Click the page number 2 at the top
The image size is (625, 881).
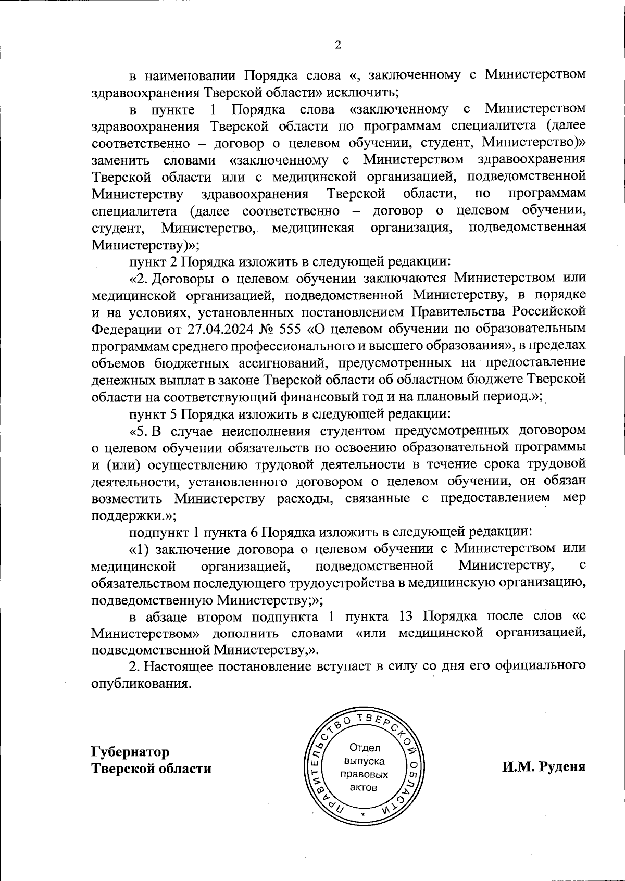click(337, 45)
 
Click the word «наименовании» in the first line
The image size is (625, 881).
click(190, 75)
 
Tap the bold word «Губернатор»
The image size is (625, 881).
click(130, 752)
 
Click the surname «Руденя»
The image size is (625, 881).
click(561, 767)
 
